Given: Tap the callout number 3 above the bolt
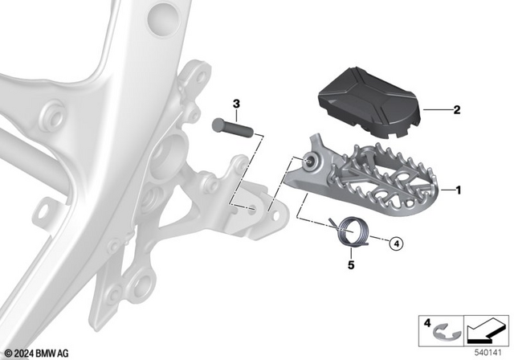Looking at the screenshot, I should [x=236, y=104].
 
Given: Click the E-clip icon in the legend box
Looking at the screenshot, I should [x=447, y=329].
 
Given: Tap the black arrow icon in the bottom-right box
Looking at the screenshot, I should [x=486, y=329].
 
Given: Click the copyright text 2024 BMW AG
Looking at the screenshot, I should [x=37, y=351].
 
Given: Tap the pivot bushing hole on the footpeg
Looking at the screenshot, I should [x=310, y=165].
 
